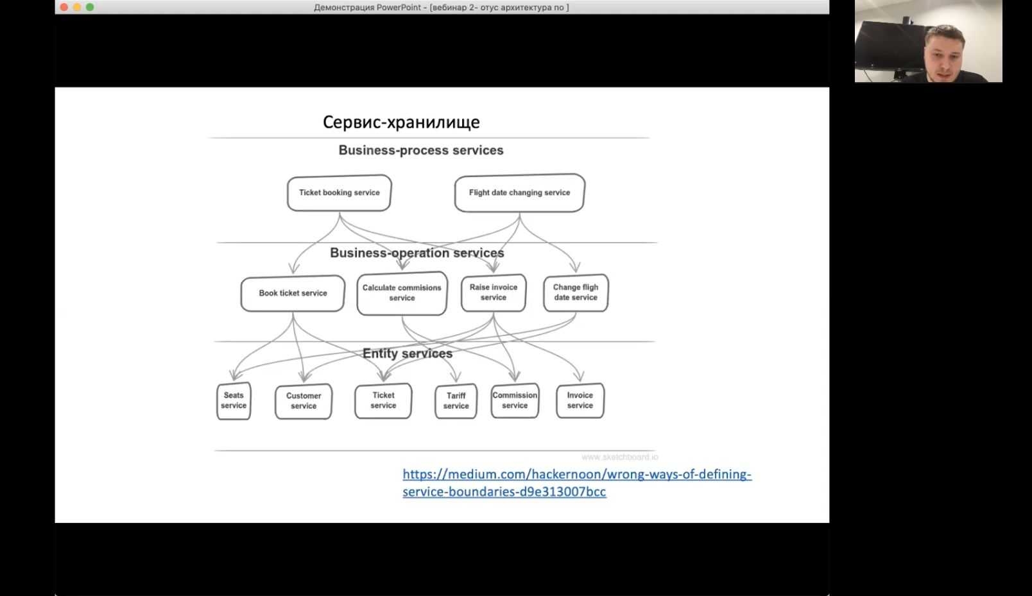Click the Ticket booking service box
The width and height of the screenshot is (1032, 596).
(339, 193)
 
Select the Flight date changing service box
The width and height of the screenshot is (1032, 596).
(520, 193)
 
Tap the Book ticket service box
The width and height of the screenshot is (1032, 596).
(293, 293)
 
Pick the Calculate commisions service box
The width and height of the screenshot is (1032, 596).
(402, 293)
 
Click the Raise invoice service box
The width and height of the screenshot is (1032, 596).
(494, 293)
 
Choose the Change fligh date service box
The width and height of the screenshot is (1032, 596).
(576, 293)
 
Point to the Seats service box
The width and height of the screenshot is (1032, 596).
(234, 401)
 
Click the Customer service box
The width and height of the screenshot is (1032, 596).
(304, 401)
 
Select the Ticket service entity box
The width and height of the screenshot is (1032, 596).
(383, 401)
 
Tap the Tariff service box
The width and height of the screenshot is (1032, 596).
(456, 401)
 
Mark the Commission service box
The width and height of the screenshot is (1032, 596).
(515, 401)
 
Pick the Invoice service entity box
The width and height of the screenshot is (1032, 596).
(580, 401)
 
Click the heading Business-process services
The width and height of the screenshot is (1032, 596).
(421, 150)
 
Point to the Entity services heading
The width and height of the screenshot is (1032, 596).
(408, 353)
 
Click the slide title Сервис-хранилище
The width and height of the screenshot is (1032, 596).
(401, 122)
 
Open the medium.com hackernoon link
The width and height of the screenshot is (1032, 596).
(577, 482)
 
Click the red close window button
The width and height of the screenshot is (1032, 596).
(64, 7)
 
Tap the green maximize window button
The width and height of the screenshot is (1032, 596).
(90, 7)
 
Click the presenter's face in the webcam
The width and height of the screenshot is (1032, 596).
(945, 53)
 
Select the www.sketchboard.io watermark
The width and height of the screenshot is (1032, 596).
(620, 457)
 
